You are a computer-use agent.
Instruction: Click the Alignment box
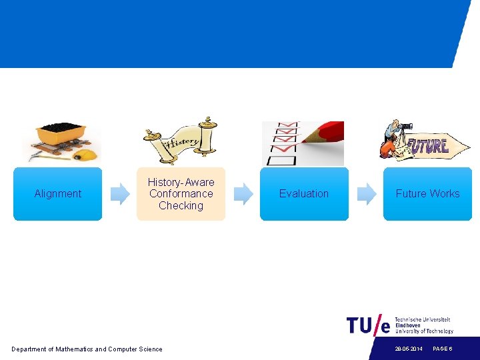click(57, 194)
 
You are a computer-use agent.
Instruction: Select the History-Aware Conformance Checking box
click(181, 194)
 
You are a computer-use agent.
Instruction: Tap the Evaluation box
click(304, 194)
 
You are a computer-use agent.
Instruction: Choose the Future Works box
click(427, 194)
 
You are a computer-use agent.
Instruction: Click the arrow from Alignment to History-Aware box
click(120, 194)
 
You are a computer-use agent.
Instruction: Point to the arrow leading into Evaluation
click(243, 194)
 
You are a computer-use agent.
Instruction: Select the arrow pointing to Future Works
click(367, 194)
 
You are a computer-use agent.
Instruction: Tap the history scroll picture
click(180, 139)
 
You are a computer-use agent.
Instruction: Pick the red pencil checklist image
click(303, 143)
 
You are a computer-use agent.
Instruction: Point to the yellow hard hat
click(86, 155)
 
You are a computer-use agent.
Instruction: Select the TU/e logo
click(368, 325)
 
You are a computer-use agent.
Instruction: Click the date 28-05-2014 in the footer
click(408, 349)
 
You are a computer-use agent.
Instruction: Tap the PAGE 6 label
click(443, 349)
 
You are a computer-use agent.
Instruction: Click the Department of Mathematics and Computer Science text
click(87, 349)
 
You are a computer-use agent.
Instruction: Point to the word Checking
click(181, 206)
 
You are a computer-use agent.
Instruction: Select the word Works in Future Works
click(445, 194)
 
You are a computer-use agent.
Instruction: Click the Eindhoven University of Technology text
click(424, 325)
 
